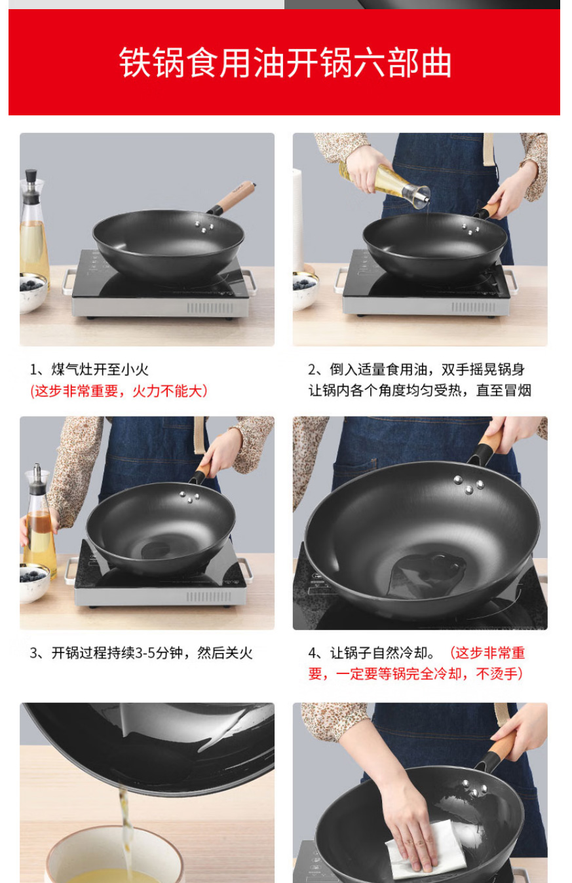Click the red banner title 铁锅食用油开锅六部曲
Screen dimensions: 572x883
(286, 62)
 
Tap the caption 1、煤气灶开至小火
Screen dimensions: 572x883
(89, 369)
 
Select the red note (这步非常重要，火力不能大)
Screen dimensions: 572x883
(119, 391)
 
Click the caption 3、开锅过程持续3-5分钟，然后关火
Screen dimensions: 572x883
(141, 653)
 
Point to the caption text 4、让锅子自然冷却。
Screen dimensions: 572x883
(372, 653)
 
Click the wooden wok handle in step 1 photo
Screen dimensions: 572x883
(235, 196)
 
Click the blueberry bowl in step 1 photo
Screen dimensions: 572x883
(32, 293)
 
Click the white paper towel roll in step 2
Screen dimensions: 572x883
(297, 219)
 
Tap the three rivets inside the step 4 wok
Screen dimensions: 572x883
(469, 485)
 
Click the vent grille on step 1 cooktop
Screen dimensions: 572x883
(209, 307)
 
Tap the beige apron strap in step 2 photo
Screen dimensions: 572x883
(489, 150)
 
